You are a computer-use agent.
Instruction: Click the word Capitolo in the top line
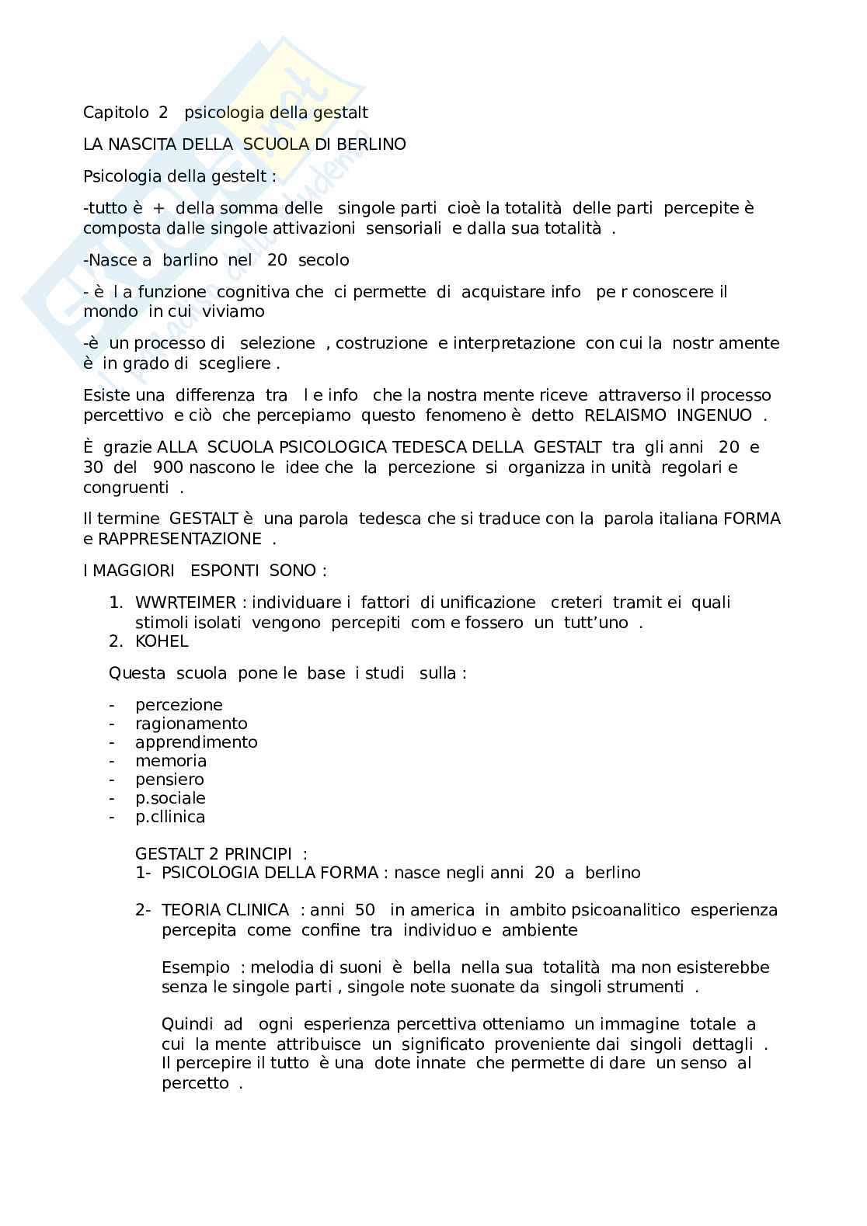tap(116, 113)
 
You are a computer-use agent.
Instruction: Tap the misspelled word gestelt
tap(236, 176)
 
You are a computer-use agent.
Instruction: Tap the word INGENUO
tap(714, 415)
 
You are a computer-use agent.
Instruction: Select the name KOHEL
tap(162, 641)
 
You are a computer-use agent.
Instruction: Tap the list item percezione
tap(179, 705)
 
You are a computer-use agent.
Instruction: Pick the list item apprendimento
tap(196, 742)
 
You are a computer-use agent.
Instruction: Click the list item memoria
tap(171, 761)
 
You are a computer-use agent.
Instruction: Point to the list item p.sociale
tap(170, 798)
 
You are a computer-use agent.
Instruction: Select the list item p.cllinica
tap(170, 817)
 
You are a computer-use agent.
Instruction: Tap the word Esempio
tap(196, 967)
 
